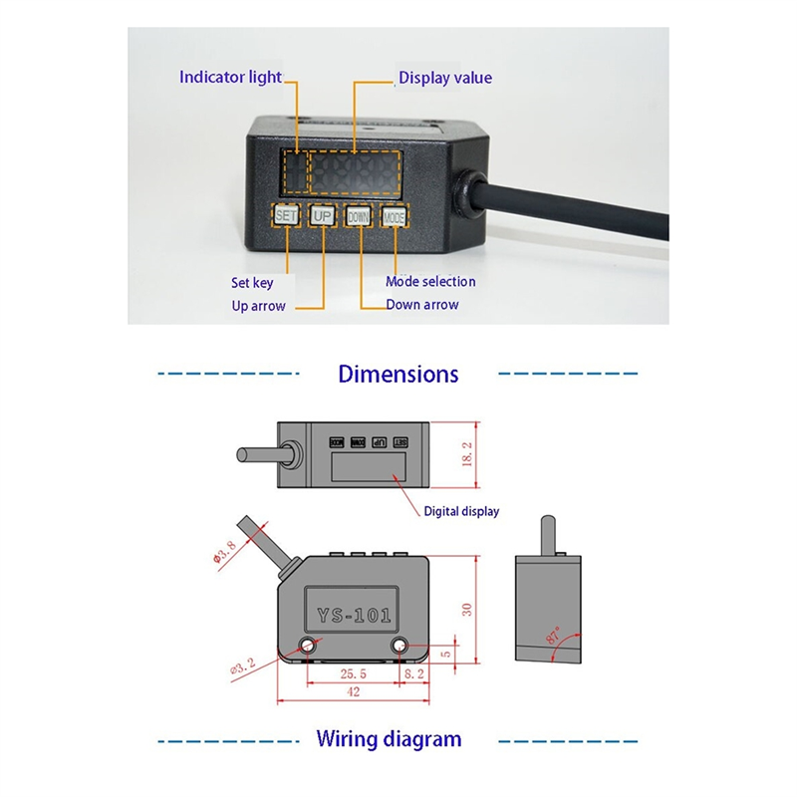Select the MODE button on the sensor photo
pos(395,216)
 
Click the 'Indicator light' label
pos(230,77)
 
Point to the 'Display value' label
pos(445,78)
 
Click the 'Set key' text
pos(252,283)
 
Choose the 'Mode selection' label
pos(430,282)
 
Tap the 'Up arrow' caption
pos(258,306)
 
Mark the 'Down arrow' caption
pos(422,305)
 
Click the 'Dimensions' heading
pos(398,375)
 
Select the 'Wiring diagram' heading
pos(389,739)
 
